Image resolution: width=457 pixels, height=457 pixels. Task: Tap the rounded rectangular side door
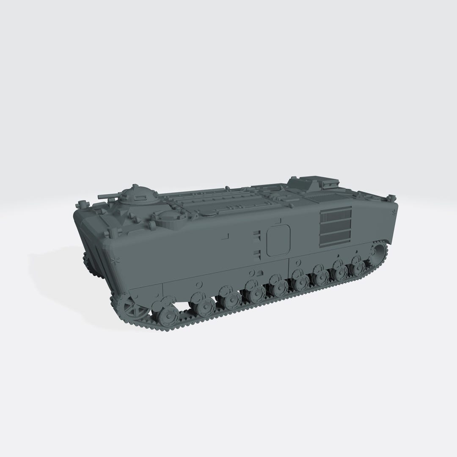[x=278, y=240]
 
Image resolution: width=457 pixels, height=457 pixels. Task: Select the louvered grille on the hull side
[x=335, y=227]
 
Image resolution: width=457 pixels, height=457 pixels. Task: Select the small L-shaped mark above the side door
[x=279, y=220]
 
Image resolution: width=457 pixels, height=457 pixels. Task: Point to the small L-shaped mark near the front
[x=226, y=235]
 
